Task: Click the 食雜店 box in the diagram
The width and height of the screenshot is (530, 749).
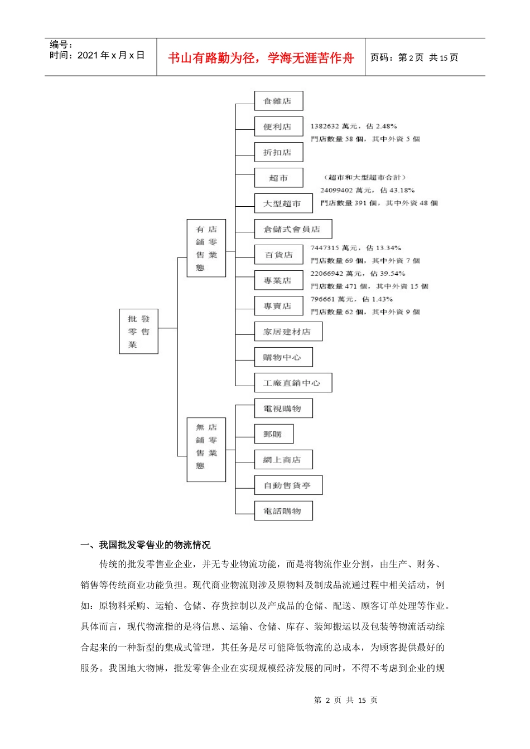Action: click(x=278, y=101)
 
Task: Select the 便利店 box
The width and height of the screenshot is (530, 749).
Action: click(x=278, y=127)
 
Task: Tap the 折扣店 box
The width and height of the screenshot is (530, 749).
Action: click(x=278, y=152)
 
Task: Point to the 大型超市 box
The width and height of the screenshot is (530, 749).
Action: click(x=283, y=203)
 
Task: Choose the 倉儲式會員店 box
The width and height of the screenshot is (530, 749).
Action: click(x=293, y=229)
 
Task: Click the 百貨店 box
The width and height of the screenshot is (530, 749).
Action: click(x=278, y=255)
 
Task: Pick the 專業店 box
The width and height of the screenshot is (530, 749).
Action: click(x=278, y=280)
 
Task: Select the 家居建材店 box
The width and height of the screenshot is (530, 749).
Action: click(x=288, y=332)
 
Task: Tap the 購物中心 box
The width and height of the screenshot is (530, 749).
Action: click(x=283, y=357)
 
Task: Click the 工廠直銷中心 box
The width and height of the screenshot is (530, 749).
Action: click(x=293, y=383)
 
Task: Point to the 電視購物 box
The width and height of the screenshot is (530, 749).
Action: click(x=283, y=408)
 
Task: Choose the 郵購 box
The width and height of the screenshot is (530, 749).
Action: click(x=273, y=434)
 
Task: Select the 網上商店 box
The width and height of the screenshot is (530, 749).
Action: click(x=283, y=460)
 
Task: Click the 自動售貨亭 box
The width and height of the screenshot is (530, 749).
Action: click(x=288, y=485)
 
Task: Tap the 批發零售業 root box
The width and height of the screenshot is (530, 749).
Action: click(x=138, y=332)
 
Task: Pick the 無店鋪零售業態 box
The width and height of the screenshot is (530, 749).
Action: click(x=206, y=450)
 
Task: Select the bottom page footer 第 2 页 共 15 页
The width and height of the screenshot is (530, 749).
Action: click(x=346, y=700)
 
